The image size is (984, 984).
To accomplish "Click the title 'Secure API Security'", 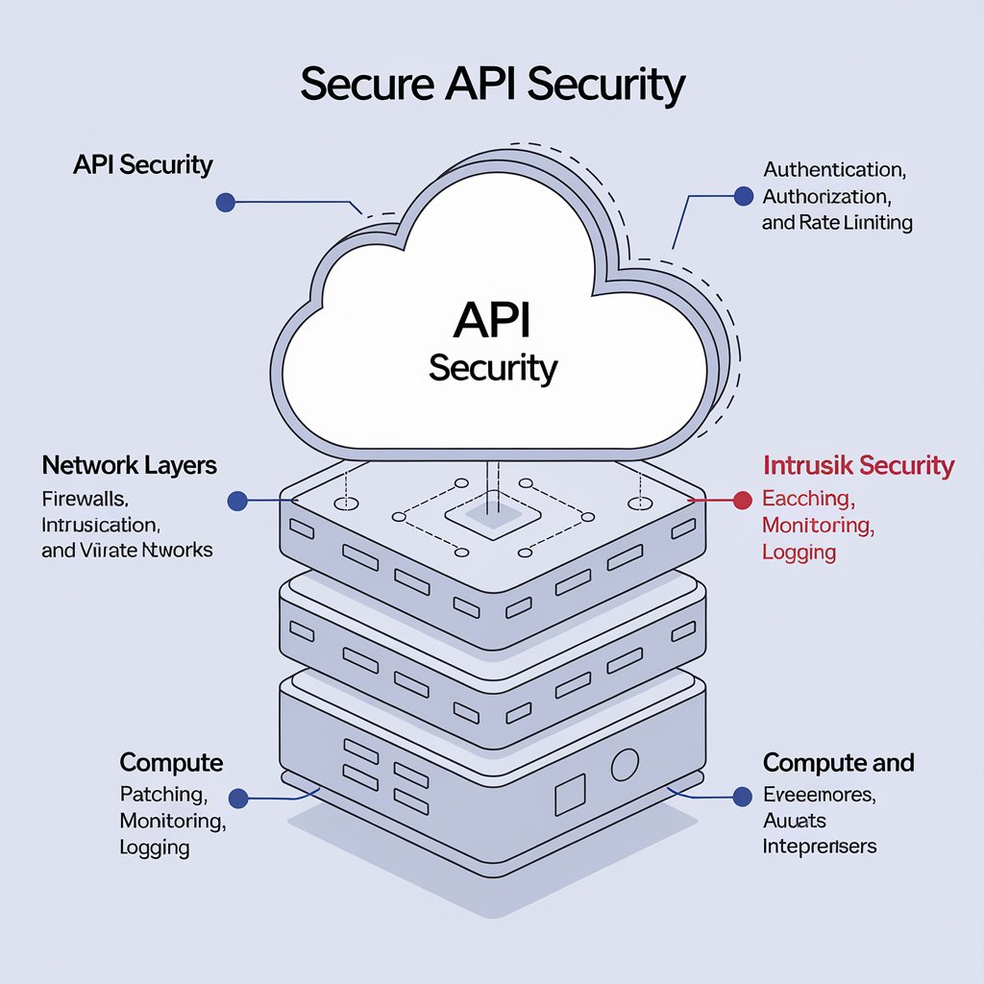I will pyautogui.click(x=492, y=84).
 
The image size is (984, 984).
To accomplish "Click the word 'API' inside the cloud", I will pyautogui.click(x=492, y=321).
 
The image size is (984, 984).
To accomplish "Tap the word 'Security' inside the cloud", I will pyautogui.click(x=492, y=369).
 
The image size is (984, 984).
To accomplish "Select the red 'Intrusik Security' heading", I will pyautogui.click(x=858, y=466).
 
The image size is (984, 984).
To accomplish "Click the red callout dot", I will pyautogui.click(x=742, y=500).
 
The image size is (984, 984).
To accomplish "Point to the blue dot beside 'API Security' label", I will pyautogui.click(x=226, y=202).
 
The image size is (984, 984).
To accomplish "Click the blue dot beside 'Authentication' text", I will pyautogui.click(x=743, y=196).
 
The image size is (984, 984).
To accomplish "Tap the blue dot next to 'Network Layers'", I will pyautogui.click(x=238, y=501).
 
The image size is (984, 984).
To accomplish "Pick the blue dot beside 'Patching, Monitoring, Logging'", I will pyautogui.click(x=239, y=797).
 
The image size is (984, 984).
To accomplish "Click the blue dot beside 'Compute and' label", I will pyautogui.click(x=742, y=796).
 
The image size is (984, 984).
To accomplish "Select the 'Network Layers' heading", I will pyautogui.click(x=130, y=466).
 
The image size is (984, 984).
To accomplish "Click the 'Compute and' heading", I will pyautogui.click(x=838, y=763).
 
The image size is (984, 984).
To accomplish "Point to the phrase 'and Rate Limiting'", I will pyautogui.click(x=837, y=223).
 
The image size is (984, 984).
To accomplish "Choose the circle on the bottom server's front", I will pyautogui.click(x=625, y=765).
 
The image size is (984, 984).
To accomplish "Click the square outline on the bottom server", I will pyautogui.click(x=570, y=795).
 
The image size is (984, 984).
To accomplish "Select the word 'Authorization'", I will pyautogui.click(x=826, y=196).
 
